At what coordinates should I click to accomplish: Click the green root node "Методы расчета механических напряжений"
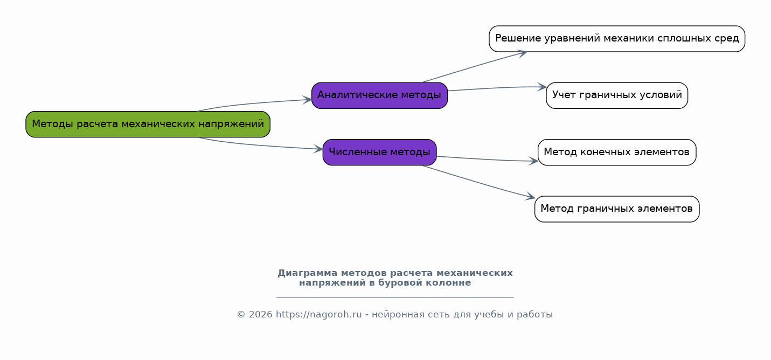[148, 124]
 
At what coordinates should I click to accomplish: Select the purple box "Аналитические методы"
[380, 95]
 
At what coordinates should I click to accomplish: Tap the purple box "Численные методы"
[380, 152]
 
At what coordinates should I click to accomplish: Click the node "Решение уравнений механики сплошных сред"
[617, 39]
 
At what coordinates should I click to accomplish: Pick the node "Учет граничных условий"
[617, 95]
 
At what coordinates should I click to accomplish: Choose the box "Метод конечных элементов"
[617, 152]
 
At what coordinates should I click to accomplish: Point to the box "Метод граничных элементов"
[617, 209]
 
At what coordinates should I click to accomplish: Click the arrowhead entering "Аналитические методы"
[307, 100]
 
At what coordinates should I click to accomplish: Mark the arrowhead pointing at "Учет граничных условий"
[542, 87]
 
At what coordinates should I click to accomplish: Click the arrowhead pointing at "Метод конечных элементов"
[534, 161]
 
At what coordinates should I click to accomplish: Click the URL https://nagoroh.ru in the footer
[319, 315]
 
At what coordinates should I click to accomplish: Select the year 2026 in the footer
[261, 315]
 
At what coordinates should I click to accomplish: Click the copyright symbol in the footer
[241, 315]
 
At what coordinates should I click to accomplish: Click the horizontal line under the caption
[395, 297]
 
